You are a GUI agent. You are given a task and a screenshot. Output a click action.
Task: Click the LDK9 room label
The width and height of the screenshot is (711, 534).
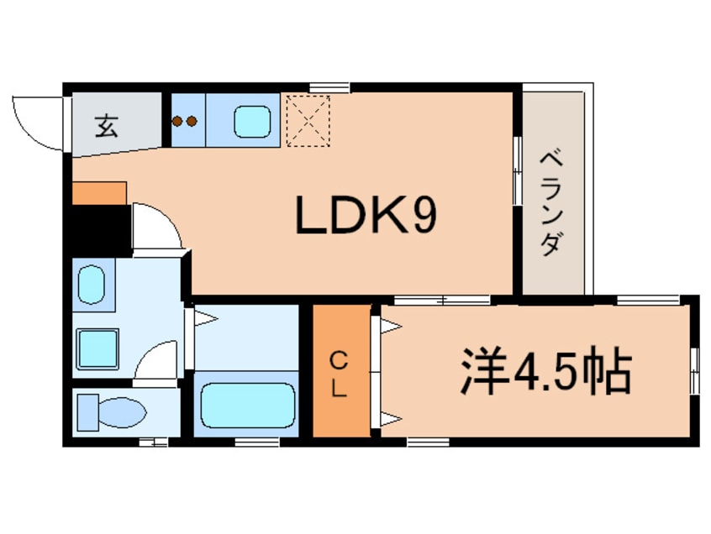(x=365, y=217)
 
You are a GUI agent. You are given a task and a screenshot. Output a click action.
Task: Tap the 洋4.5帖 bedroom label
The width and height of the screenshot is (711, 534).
(x=545, y=373)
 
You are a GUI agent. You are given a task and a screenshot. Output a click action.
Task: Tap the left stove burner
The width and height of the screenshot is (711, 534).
(x=178, y=121)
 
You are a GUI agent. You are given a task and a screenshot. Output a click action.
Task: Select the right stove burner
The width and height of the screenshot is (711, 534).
(x=192, y=121)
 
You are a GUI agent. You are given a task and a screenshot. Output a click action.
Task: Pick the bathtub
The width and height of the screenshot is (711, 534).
(x=245, y=407)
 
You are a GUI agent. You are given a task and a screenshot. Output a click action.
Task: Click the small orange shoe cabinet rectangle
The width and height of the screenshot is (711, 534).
(x=98, y=192)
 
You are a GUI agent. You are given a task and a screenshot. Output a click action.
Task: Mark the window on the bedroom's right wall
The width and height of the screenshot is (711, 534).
(x=694, y=369)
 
